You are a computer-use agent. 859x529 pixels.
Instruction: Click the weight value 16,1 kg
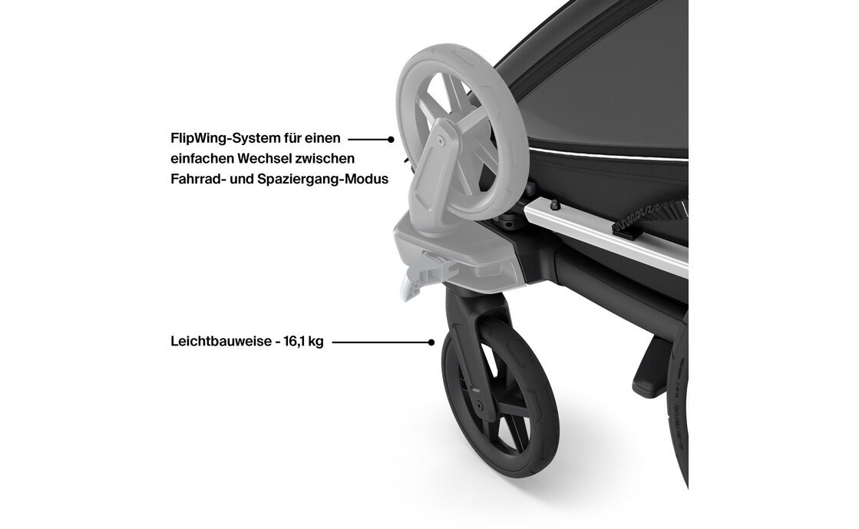click(303, 342)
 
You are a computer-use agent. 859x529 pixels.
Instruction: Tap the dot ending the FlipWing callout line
click(391, 139)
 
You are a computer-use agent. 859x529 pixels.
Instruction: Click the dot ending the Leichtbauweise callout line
click(431, 342)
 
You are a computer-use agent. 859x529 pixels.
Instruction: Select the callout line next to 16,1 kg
click(382, 342)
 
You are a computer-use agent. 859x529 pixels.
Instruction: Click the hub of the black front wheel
click(479, 405)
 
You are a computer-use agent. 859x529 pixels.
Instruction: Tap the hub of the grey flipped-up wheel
click(441, 141)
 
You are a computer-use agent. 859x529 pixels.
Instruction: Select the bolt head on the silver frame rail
click(553, 204)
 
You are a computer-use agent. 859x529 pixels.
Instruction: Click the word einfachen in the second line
click(202, 158)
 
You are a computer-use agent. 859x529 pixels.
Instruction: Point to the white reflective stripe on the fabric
click(607, 155)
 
